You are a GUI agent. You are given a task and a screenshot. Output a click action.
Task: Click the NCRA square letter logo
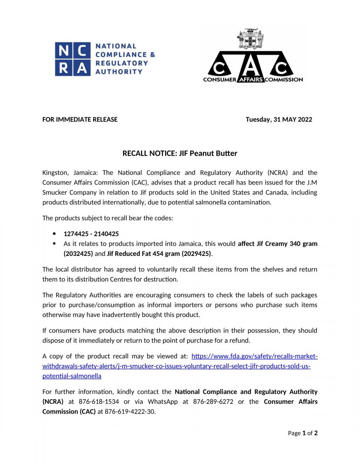(73, 59)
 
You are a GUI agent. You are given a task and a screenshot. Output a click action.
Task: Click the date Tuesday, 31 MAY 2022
(279, 120)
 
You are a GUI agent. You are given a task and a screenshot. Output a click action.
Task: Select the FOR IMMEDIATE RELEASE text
(80, 120)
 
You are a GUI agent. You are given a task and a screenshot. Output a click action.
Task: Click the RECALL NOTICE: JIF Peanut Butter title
(180, 153)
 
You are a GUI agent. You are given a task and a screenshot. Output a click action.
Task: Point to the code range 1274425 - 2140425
(91, 234)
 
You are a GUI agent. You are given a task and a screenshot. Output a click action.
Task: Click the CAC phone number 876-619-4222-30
(130, 412)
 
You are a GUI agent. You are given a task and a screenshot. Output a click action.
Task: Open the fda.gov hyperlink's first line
(254, 356)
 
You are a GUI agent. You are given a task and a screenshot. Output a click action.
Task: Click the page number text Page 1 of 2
(303, 433)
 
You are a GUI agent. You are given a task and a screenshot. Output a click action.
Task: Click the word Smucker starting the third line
(55, 192)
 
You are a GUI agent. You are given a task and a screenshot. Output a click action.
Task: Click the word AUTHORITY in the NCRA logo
(119, 71)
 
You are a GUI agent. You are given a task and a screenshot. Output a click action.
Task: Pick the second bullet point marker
(54, 244)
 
